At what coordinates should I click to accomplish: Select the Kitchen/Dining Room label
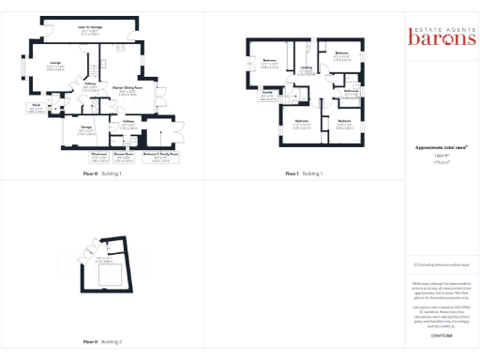(x=126, y=91)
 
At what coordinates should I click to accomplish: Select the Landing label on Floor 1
(x=306, y=68)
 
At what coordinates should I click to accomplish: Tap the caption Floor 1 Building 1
(x=306, y=173)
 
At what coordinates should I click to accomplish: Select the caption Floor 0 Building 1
(x=102, y=173)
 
